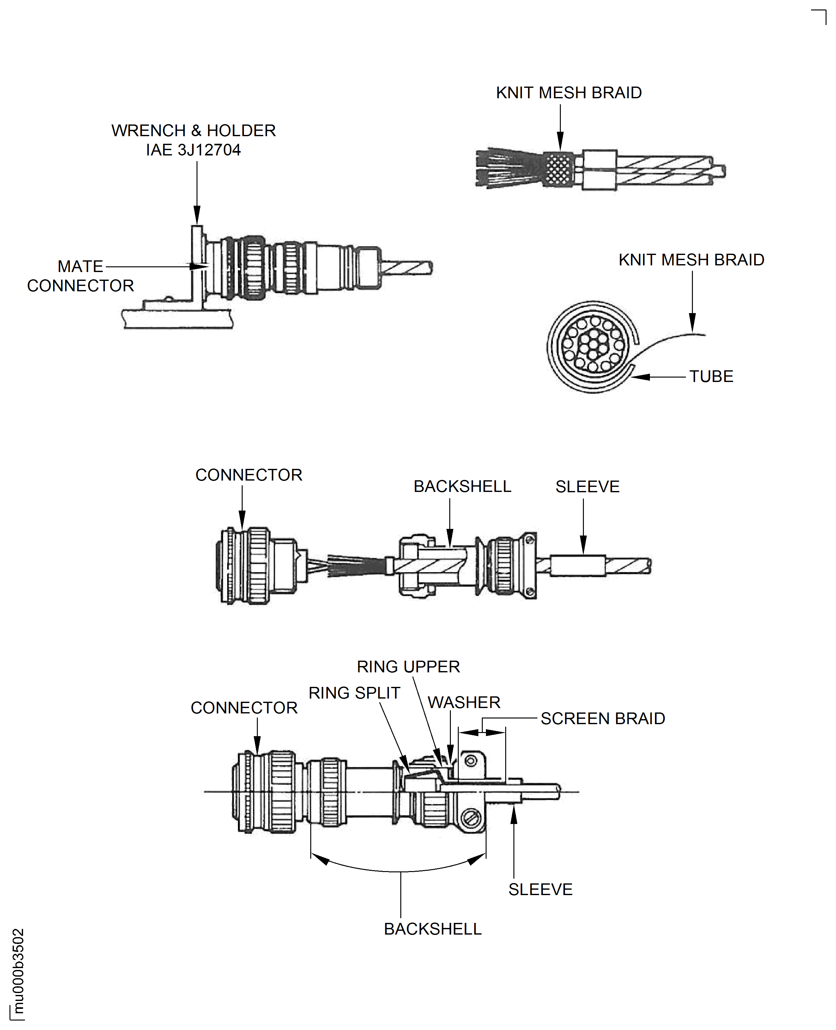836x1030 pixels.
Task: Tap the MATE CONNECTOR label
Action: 81,276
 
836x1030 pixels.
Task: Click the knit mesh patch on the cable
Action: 559,169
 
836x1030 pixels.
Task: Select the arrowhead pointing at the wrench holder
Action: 197,215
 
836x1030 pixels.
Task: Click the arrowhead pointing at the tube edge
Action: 640,377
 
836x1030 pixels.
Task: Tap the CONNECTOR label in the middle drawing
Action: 248,475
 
